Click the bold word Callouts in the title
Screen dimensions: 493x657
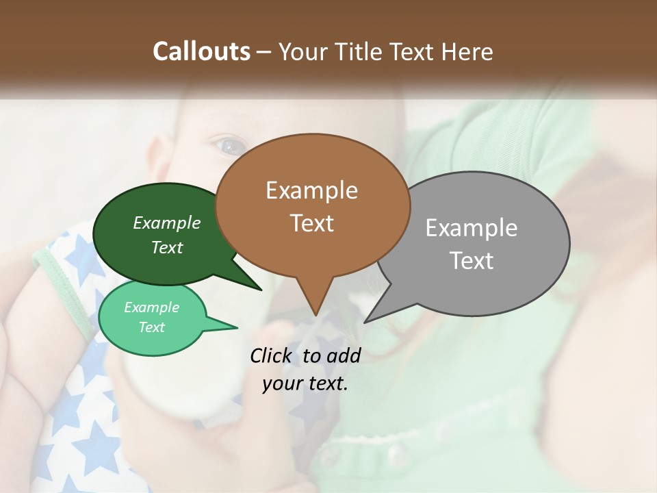pos(201,51)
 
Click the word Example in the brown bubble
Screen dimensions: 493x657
pos(311,190)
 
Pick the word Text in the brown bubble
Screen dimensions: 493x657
pos(311,223)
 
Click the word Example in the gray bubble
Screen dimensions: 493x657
pos(472,228)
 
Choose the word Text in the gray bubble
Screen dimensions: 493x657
pos(472,261)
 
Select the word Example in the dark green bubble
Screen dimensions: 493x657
pos(167,223)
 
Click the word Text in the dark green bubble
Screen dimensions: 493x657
pos(167,248)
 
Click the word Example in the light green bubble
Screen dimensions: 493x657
pos(151,307)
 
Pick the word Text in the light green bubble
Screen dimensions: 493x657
pos(151,327)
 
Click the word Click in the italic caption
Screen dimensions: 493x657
pos(271,355)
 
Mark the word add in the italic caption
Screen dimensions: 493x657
pos(344,355)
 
